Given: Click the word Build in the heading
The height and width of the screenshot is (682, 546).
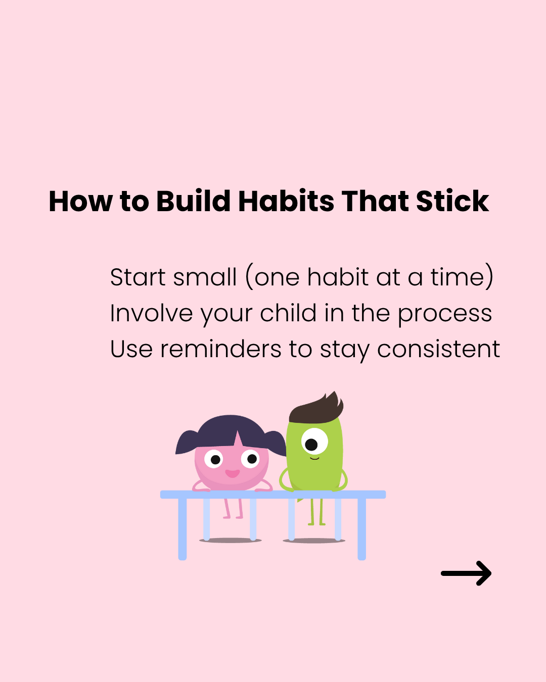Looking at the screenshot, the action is click(193, 201).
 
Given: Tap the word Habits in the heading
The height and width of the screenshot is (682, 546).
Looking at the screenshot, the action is click(286, 201).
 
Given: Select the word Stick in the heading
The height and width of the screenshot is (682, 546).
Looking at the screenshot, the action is click(452, 201).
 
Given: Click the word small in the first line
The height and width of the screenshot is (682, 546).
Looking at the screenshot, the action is click(205, 277).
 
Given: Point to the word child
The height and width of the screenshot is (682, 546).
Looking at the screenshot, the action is click(288, 313).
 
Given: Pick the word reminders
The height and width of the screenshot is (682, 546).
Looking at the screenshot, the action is click(221, 349).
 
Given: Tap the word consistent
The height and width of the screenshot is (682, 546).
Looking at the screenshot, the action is click(438, 349).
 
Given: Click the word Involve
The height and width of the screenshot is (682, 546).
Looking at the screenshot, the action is click(152, 313).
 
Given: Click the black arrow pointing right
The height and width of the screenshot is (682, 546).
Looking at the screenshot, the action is click(466, 573).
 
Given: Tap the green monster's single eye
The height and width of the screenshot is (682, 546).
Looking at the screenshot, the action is click(314, 441).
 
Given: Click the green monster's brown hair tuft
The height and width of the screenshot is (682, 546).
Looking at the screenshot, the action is click(316, 408).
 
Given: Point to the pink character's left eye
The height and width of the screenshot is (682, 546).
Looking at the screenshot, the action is click(213, 459).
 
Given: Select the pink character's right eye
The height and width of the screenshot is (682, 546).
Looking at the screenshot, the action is click(250, 458).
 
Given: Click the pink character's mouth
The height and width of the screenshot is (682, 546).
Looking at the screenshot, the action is click(232, 473).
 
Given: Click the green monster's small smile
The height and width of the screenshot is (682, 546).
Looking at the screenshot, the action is click(314, 458).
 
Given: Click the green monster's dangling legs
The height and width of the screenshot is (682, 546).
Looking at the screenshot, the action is click(316, 512).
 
